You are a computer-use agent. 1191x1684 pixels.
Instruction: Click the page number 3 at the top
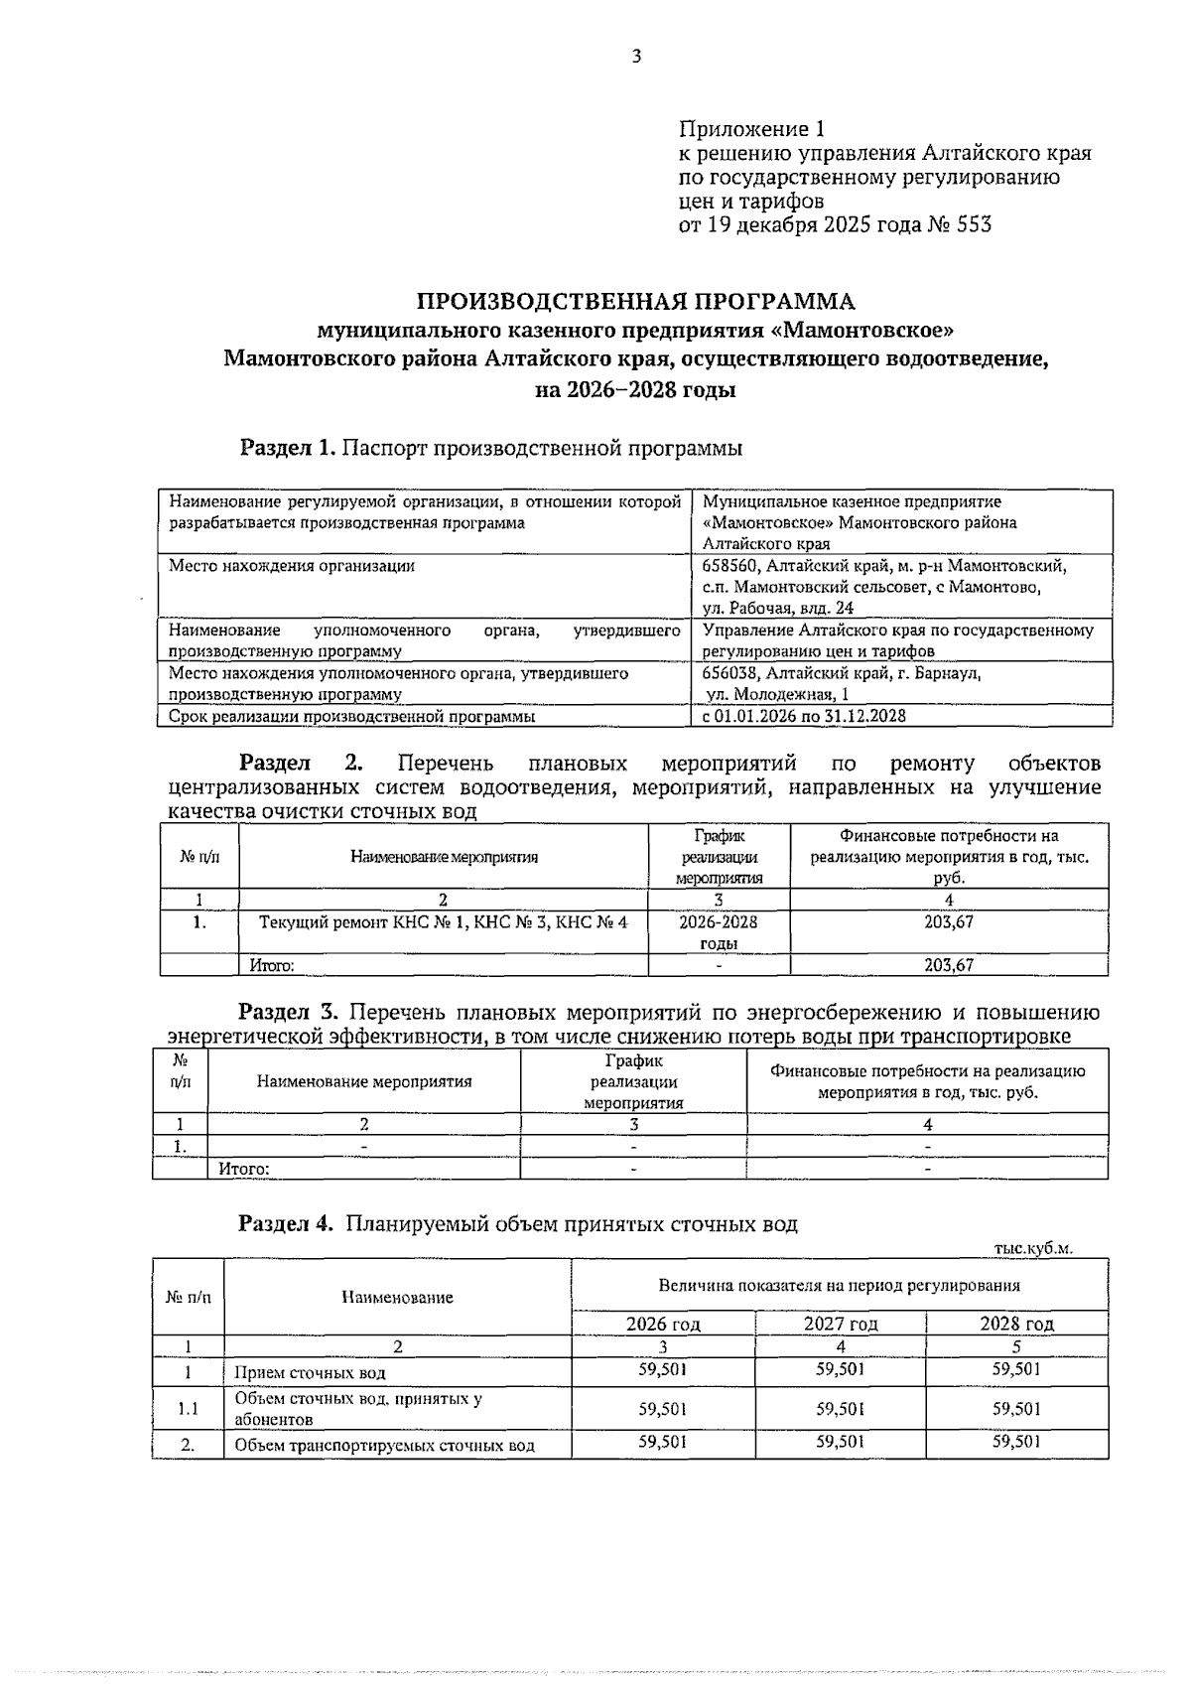(x=636, y=58)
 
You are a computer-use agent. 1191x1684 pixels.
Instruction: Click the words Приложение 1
(x=751, y=130)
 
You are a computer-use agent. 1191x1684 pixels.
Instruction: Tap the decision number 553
(x=973, y=225)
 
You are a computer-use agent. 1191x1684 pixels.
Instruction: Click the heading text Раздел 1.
(x=287, y=448)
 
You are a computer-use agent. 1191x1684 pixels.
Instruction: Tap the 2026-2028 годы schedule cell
(x=719, y=932)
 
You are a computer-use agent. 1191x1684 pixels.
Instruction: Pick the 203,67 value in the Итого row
(x=949, y=964)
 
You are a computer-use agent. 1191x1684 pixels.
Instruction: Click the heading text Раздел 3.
(x=289, y=1013)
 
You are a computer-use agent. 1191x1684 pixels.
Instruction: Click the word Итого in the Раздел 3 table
(x=244, y=1169)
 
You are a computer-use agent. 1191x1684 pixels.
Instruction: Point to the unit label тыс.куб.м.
(x=1033, y=1249)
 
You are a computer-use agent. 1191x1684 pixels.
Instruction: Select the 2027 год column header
(x=841, y=1324)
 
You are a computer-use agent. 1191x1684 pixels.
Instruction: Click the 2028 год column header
(x=1017, y=1324)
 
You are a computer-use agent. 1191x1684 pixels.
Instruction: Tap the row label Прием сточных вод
(x=310, y=1373)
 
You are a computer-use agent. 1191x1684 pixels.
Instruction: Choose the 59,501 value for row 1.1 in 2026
(x=663, y=1408)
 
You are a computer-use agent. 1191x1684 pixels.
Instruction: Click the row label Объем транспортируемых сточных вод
(x=384, y=1446)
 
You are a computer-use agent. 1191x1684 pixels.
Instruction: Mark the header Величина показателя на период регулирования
(x=840, y=1286)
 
